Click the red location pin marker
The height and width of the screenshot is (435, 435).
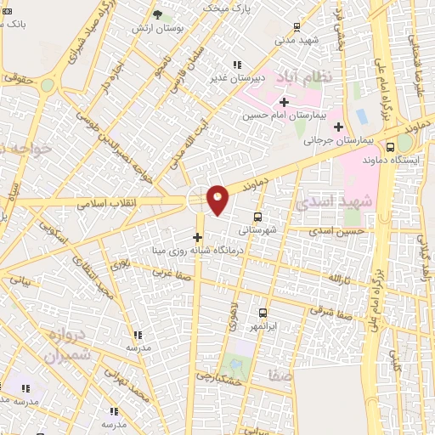218,199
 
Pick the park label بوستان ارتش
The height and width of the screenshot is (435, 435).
159,27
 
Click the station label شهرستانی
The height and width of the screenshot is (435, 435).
256,229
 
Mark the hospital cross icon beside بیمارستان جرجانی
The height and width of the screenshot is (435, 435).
339,127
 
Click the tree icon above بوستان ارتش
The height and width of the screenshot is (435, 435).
158,14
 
